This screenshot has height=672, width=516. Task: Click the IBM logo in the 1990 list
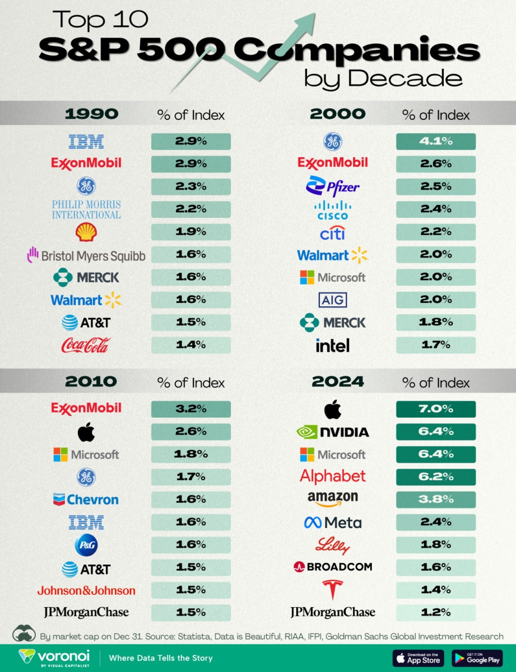(x=86, y=141)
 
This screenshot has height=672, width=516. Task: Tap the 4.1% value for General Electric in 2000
(x=435, y=141)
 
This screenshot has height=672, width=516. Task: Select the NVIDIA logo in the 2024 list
(x=332, y=432)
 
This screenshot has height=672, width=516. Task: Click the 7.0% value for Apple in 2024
(x=435, y=409)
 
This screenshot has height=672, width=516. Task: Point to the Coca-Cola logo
(x=86, y=345)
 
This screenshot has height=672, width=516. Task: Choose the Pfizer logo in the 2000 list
(x=332, y=186)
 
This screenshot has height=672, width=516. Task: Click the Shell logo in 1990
(x=86, y=232)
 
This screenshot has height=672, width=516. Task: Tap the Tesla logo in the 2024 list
(x=332, y=590)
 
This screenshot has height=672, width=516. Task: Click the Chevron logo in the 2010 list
(x=85, y=498)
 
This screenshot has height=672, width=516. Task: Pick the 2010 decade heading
(x=91, y=382)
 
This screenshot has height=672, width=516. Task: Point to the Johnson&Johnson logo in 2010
(x=86, y=590)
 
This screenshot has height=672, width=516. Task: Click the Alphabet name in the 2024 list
(x=332, y=476)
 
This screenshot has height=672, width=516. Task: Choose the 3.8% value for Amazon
(x=435, y=499)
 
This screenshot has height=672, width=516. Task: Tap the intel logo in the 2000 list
(x=332, y=345)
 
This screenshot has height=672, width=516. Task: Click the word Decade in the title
(x=405, y=78)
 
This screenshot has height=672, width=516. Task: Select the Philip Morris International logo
(x=86, y=209)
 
